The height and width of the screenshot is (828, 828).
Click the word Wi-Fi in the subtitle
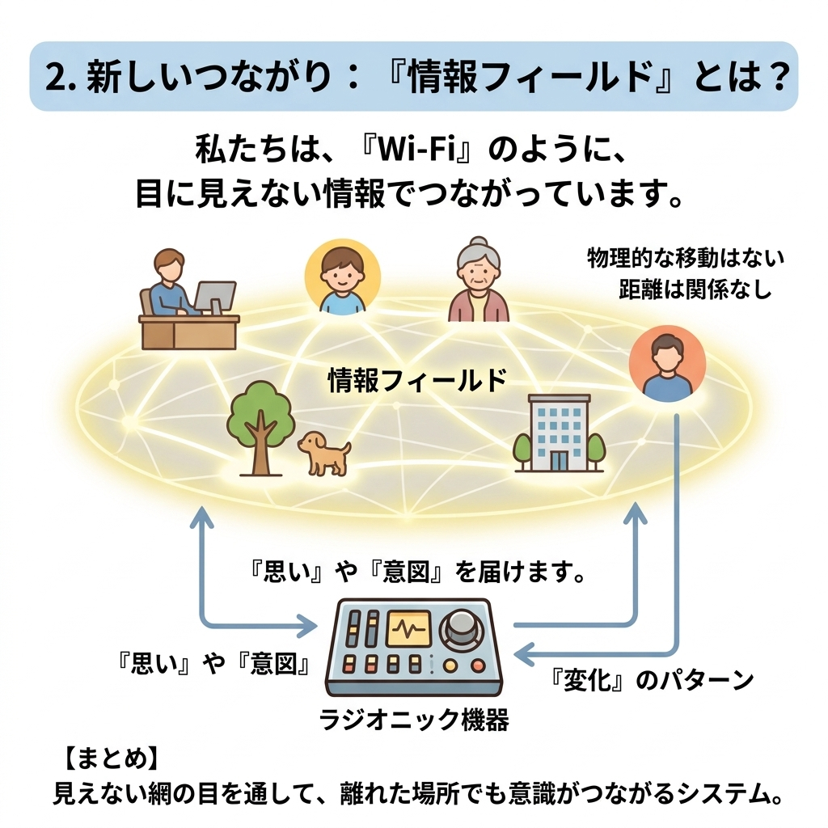[x=416, y=150]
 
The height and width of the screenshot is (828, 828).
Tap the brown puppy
[x=324, y=453]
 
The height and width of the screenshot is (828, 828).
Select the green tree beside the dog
[x=261, y=428]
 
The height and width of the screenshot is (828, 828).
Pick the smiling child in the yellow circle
[x=343, y=277]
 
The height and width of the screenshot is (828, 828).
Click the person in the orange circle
[x=667, y=363]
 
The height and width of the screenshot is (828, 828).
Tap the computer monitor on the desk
[x=215, y=298]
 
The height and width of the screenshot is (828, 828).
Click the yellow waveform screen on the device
[x=408, y=628]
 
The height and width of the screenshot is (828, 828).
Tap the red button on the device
[x=478, y=666]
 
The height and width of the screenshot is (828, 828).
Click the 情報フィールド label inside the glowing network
[x=417, y=380]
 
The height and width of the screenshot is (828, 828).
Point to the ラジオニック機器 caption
[x=414, y=719]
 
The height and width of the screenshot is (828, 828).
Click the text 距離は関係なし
[x=695, y=289]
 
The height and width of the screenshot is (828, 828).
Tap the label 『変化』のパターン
[x=651, y=680]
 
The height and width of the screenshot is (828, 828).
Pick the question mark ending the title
[x=775, y=77]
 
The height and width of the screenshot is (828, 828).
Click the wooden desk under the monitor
[x=189, y=332]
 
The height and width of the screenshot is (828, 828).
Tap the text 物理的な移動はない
[x=686, y=259]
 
